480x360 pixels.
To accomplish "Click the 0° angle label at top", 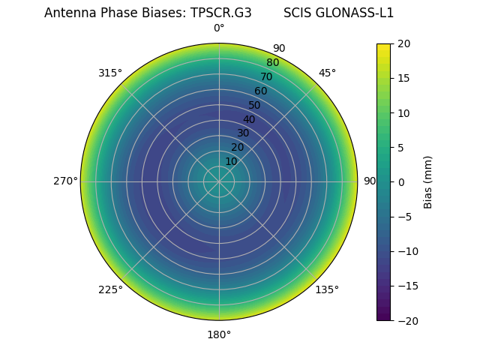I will (x=219, y=28).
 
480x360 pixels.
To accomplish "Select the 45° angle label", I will (x=327, y=73).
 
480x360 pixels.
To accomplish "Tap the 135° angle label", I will (x=327, y=289).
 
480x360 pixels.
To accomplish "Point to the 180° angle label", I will (x=219, y=334).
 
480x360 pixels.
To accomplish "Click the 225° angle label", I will (x=110, y=289).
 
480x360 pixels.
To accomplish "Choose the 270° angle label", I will (x=65, y=181).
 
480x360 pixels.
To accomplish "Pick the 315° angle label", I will (x=110, y=73).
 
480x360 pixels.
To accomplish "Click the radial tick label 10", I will (x=231, y=161).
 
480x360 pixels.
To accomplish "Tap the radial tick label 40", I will (x=249, y=119).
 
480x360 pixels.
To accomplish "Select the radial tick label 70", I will (x=267, y=76).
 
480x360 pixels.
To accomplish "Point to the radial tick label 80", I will (x=273, y=62).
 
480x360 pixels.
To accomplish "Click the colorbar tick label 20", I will (x=403, y=43).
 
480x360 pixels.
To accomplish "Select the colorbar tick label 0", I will (x=400, y=181).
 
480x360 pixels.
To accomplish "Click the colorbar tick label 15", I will (x=403, y=78).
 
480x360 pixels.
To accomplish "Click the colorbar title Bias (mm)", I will (x=428, y=181).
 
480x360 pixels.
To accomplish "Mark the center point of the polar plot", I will (x=219, y=181).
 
